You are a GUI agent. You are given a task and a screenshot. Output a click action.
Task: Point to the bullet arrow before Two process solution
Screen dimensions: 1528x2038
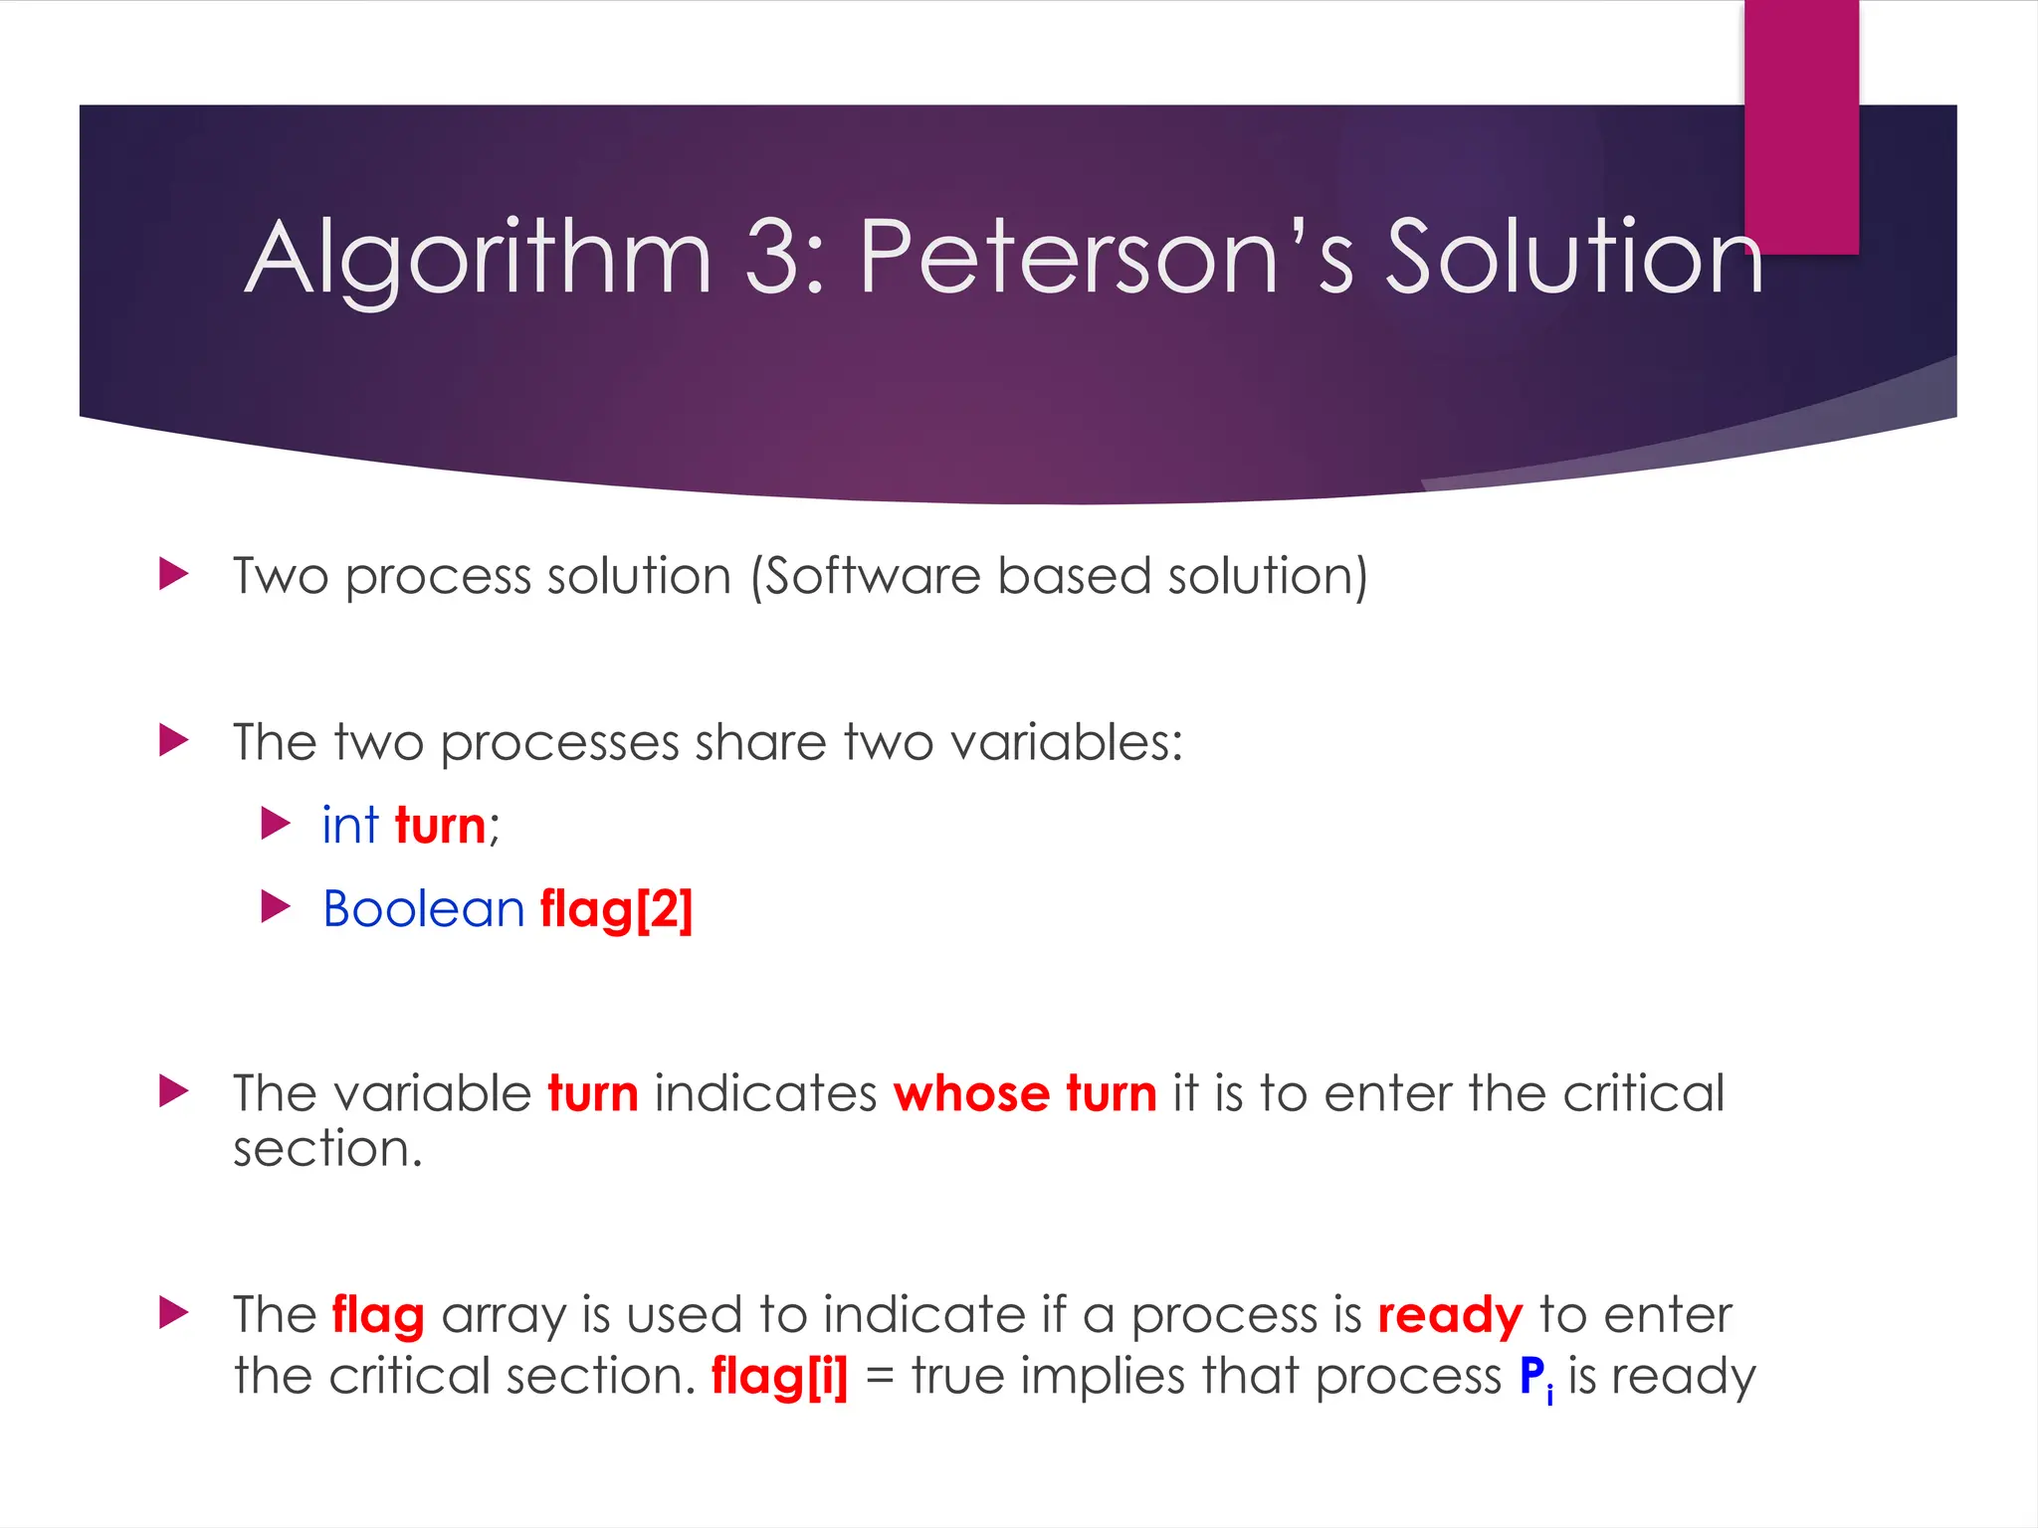click(174, 574)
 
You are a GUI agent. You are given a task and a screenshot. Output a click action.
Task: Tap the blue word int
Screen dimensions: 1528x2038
click(350, 826)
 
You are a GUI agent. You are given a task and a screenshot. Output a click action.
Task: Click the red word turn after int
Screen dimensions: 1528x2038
click(440, 827)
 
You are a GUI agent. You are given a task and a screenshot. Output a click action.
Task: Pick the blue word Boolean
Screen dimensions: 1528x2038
click(424, 909)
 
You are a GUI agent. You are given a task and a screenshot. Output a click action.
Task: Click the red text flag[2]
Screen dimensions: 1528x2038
click(616, 910)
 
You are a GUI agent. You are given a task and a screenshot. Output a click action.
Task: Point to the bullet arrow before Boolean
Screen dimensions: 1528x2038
click(276, 907)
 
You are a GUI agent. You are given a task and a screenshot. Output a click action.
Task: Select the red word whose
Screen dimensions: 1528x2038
click(971, 1094)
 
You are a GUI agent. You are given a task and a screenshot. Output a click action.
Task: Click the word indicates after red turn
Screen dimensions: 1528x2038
click(765, 1094)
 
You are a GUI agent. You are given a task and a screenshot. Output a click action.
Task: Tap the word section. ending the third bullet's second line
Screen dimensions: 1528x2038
click(328, 1150)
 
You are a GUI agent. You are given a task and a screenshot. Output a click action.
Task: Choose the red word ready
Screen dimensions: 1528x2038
click(1450, 1316)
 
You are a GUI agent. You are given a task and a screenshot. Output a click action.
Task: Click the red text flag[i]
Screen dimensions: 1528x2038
click(779, 1378)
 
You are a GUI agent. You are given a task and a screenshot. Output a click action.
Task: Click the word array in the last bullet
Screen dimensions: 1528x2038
click(504, 1316)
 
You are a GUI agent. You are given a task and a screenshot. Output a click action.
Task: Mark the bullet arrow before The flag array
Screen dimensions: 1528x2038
click(174, 1313)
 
